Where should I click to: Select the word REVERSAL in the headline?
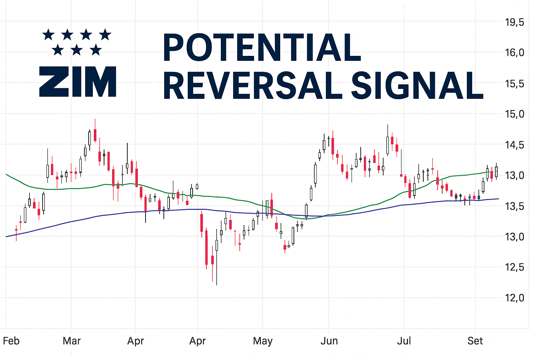(252, 85)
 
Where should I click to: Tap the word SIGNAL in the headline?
(417, 85)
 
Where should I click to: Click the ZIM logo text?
(78, 82)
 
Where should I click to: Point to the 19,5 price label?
(514, 22)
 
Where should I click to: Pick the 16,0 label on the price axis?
(514, 53)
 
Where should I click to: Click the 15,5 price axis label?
(514, 84)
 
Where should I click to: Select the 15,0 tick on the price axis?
(514, 114)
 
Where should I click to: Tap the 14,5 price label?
(514, 145)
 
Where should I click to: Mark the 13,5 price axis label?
(514, 206)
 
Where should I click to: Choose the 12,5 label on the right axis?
(514, 267)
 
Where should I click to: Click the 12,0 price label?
(514, 298)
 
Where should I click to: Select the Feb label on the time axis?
(11, 341)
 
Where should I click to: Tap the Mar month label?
(72, 341)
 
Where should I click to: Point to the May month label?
(263, 341)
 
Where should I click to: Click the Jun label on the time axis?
(329, 341)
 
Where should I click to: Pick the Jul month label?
(404, 341)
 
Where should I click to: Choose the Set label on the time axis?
(475, 341)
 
